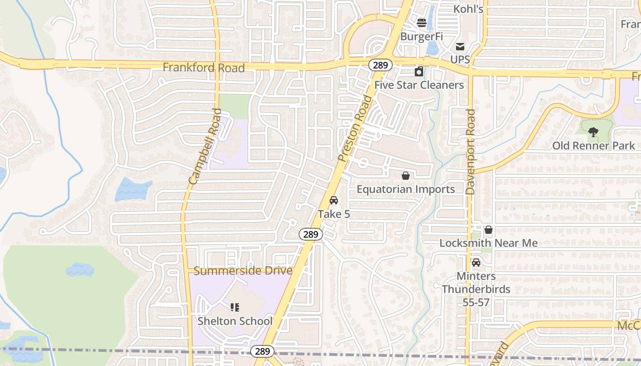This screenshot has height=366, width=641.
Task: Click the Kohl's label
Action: click(468, 9)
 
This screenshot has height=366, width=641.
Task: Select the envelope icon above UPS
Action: click(460, 47)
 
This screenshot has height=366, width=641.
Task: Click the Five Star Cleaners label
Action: click(419, 85)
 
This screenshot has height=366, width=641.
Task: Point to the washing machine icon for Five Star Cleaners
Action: click(419, 71)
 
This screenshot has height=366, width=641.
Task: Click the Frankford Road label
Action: click(204, 68)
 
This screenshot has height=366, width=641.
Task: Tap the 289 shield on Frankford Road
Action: click(380, 65)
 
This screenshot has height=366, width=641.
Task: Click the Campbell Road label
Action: click(205, 146)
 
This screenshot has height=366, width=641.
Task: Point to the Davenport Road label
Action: click(471, 152)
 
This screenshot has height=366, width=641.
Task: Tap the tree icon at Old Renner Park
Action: click(593, 133)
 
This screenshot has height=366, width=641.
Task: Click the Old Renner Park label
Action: click(593, 146)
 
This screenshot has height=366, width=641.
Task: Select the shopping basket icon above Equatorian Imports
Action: click(405, 176)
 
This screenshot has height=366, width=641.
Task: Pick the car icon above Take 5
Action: click(334, 200)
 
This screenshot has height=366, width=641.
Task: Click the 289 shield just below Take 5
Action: click(311, 234)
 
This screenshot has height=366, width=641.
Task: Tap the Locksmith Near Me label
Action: click(489, 243)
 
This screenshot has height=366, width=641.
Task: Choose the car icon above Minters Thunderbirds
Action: click(476, 263)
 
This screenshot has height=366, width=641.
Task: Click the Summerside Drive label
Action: click(243, 271)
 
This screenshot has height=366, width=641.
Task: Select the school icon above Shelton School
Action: click(235, 307)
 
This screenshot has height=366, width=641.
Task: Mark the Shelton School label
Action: click(235, 321)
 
